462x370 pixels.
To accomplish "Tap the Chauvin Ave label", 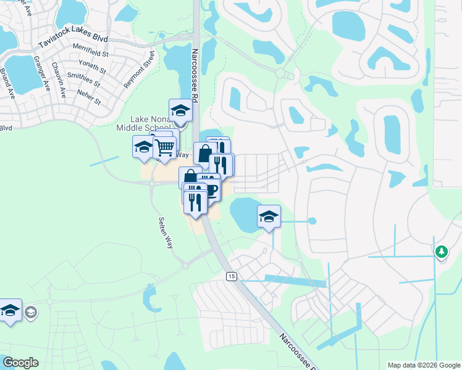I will [x=59, y=75].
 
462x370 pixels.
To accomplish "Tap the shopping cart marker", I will [x=164, y=147].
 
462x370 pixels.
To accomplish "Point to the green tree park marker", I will [x=441, y=250].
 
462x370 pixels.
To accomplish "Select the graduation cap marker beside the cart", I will [x=143, y=147].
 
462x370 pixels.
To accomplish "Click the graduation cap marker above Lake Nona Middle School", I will [x=180, y=110].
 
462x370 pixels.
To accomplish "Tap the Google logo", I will [x=20, y=363].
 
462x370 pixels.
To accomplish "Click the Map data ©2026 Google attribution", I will [x=424, y=365].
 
